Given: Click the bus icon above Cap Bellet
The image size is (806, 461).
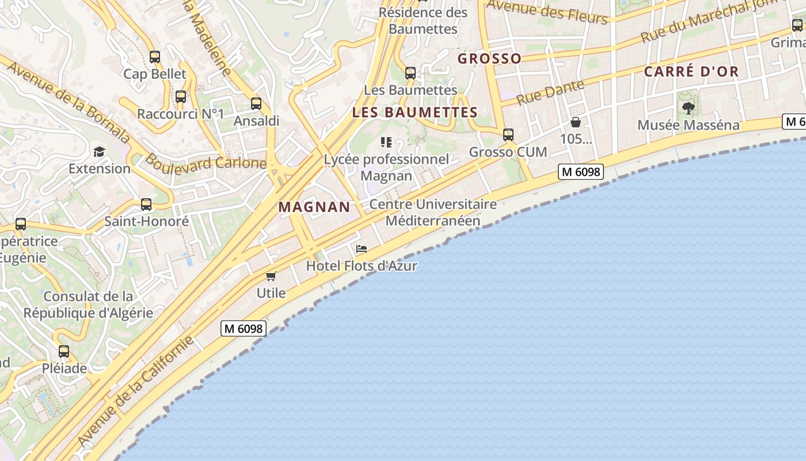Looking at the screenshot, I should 154,56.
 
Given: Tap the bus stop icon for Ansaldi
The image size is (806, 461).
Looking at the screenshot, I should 256,104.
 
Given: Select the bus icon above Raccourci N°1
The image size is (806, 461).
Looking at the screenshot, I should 181,97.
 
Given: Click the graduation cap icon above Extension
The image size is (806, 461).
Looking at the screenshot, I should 100,152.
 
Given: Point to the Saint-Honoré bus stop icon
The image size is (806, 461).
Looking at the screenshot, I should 146,204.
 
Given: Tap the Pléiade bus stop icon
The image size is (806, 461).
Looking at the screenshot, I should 63,351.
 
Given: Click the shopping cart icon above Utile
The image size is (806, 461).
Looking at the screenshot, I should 271,276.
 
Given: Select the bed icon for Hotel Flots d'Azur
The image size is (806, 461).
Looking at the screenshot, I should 362,249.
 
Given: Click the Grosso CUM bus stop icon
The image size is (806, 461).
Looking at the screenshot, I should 508,135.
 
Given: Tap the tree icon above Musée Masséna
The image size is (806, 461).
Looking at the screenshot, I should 688,108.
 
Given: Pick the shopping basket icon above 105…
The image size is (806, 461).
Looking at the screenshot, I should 576,122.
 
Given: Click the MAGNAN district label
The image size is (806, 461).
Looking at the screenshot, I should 314,207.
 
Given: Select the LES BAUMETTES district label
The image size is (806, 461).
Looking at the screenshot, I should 415,112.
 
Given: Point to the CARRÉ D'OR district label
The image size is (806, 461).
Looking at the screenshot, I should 691,71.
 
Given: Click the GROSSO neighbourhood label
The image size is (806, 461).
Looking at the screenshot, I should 489,58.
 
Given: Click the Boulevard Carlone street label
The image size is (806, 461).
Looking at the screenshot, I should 205,161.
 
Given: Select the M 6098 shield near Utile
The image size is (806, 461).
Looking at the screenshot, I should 244,328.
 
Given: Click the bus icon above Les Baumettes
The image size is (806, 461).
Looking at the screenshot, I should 410,73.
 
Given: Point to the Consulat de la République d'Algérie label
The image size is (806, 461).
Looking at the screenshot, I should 88,304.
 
